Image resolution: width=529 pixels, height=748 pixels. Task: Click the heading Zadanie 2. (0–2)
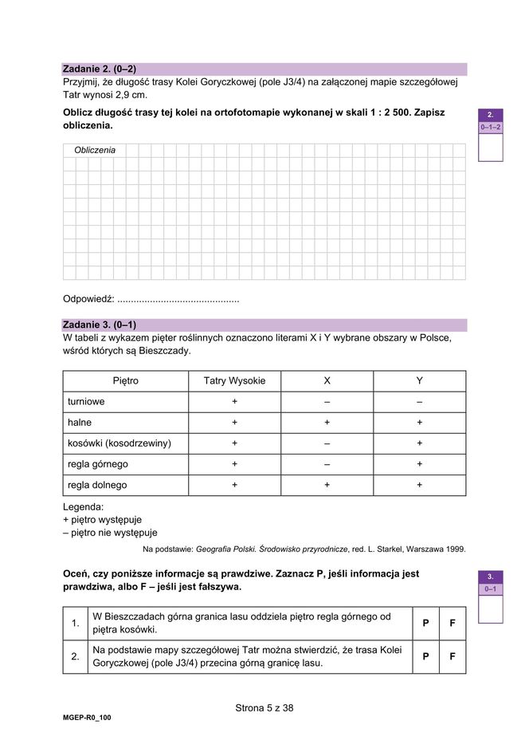[100, 69]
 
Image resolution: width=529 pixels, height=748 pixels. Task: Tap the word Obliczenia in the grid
[94, 150]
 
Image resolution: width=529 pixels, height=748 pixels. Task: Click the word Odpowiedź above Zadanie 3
[88, 299]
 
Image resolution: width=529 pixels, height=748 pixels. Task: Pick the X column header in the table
[327, 381]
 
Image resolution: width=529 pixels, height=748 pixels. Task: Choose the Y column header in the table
[419, 381]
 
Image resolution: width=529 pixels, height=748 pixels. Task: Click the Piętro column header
[125, 381]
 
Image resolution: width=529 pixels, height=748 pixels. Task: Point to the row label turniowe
[86, 402]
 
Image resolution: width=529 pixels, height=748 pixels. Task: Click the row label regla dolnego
[97, 485]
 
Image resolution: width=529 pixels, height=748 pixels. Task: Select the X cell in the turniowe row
[327, 402]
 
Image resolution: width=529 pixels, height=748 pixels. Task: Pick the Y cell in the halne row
[419, 423]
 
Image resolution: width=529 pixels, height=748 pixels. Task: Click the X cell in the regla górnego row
[327, 464]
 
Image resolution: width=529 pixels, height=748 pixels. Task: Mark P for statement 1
[425, 623]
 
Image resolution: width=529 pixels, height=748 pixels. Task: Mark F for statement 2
[453, 657]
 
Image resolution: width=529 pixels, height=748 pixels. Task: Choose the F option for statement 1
[453, 623]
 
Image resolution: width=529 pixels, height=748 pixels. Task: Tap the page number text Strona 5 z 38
[264, 707]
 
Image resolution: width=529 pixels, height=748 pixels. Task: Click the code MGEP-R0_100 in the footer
[87, 718]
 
